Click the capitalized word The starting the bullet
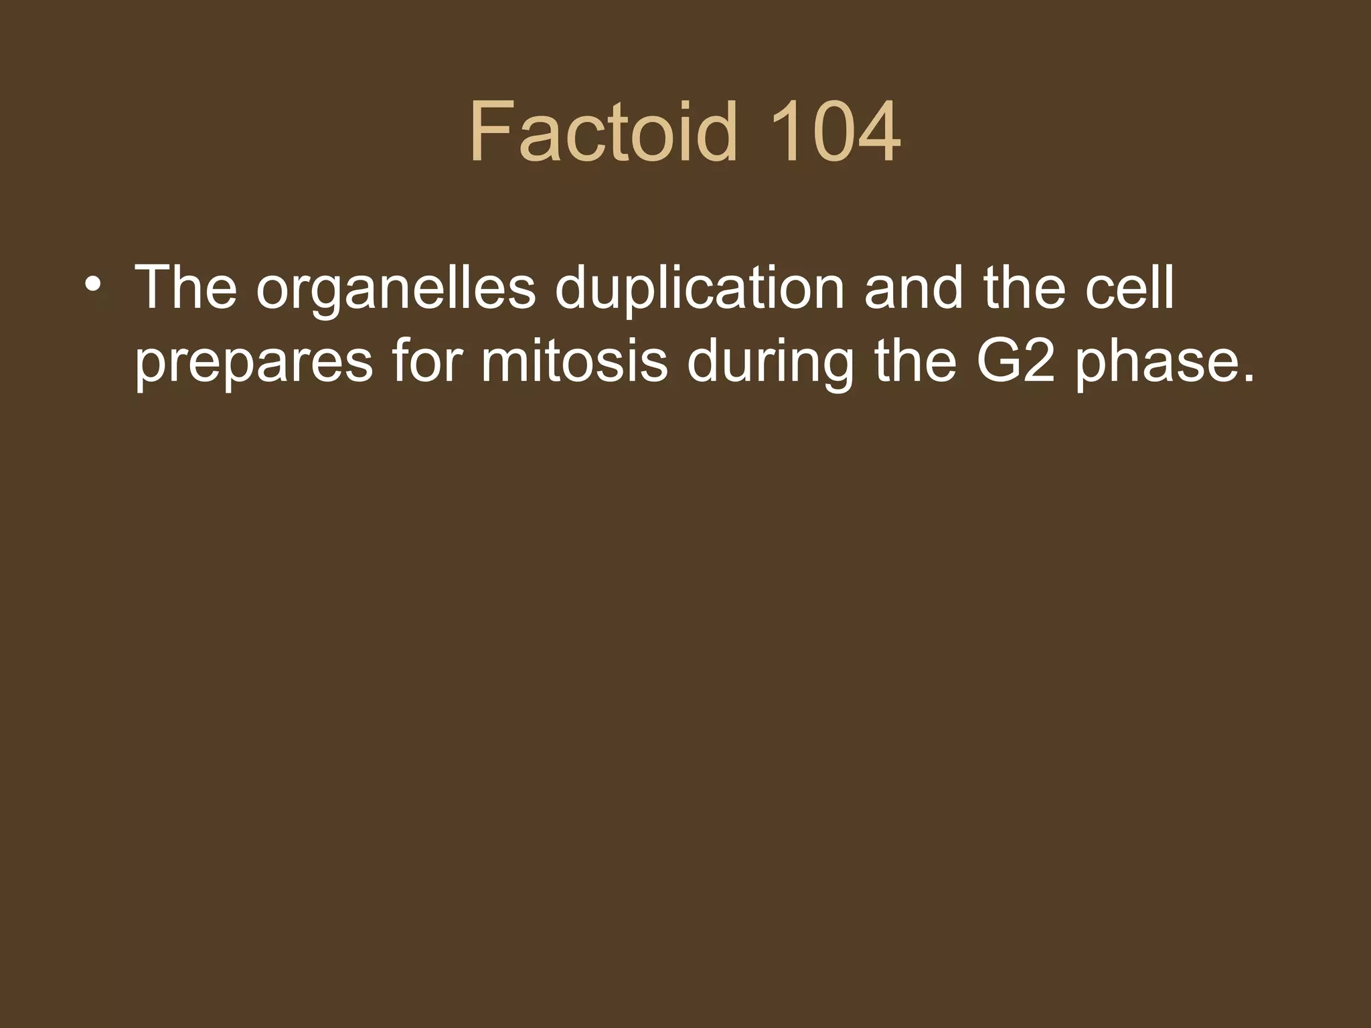pos(185,288)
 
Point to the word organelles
pos(396,289)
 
